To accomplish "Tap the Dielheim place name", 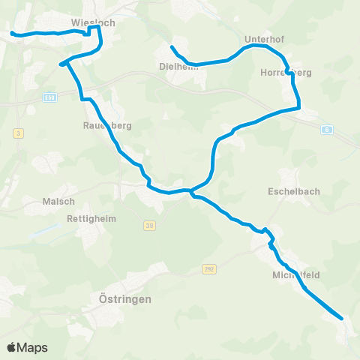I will point(178,65).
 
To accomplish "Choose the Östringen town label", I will point(125,298).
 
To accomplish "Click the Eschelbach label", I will point(294,191).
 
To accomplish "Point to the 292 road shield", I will point(208,268).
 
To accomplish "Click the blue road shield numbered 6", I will point(327,129).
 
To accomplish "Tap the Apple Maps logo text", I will point(27,347).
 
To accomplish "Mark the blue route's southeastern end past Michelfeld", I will point(343,319).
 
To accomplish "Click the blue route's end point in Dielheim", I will point(172,47).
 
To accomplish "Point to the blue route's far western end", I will point(11,32).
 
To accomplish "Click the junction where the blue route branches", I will point(191,191).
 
